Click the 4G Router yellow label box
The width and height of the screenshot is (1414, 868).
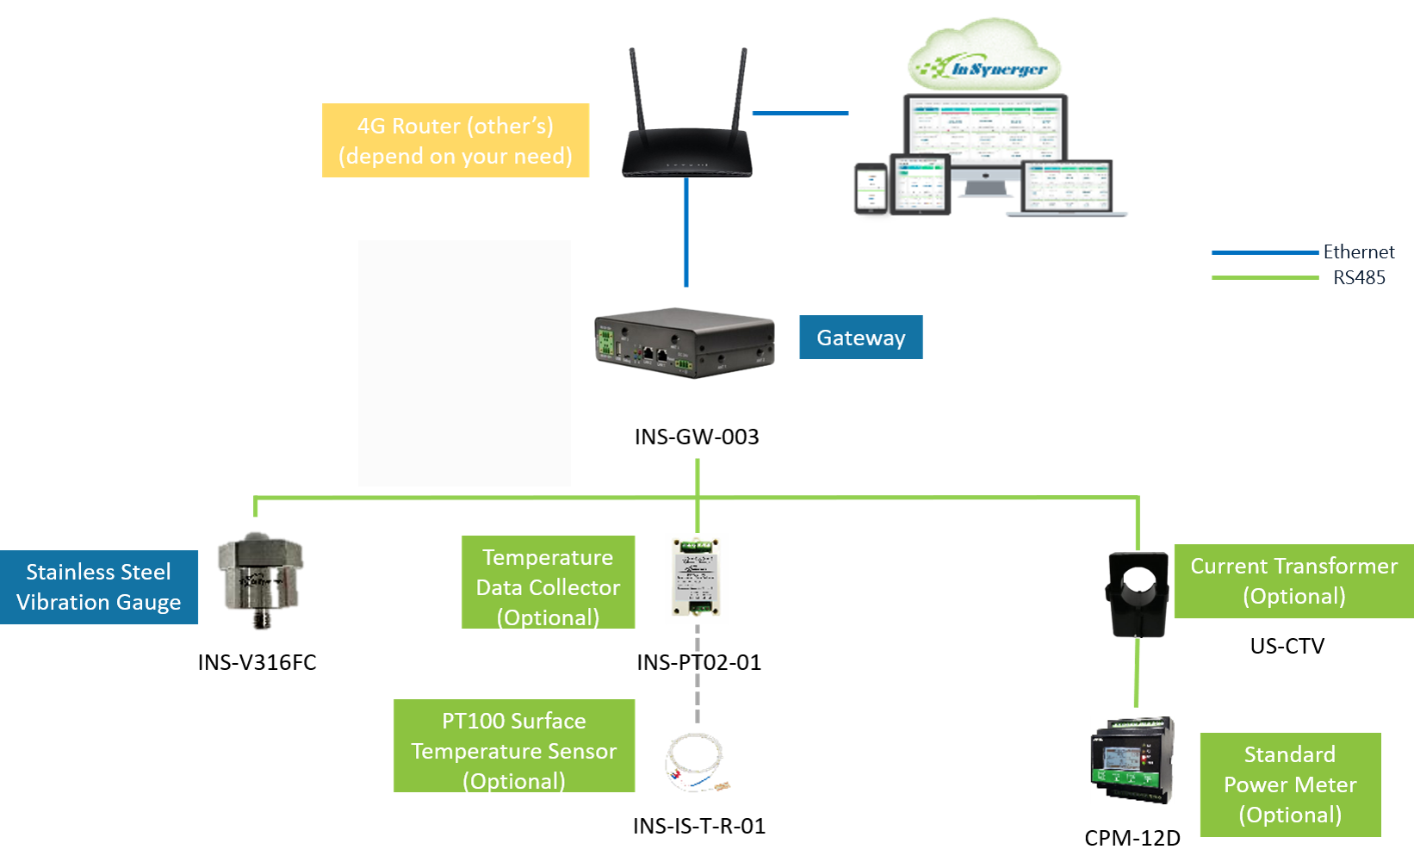[456, 140]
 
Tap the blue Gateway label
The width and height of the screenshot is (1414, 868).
[860, 338]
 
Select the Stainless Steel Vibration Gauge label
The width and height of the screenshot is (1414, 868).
[99, 587]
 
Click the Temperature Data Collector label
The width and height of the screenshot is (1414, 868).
[548, 583]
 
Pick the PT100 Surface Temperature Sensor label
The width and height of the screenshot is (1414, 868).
[514, 746]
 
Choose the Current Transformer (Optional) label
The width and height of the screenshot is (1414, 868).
[1293, 581]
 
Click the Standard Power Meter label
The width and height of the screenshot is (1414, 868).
[1290, 784]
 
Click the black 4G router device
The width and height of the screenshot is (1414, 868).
[686, 155]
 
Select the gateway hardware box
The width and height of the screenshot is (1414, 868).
[685, 343]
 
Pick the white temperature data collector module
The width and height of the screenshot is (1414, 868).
[697, 578]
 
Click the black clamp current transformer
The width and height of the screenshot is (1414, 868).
[1138, 593]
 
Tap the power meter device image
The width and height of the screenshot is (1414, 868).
[1132, 760]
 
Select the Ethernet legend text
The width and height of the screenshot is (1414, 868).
[1358, 252]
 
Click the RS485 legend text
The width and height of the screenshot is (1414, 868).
[1359, 277]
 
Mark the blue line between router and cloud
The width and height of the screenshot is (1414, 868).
[800, 113]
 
